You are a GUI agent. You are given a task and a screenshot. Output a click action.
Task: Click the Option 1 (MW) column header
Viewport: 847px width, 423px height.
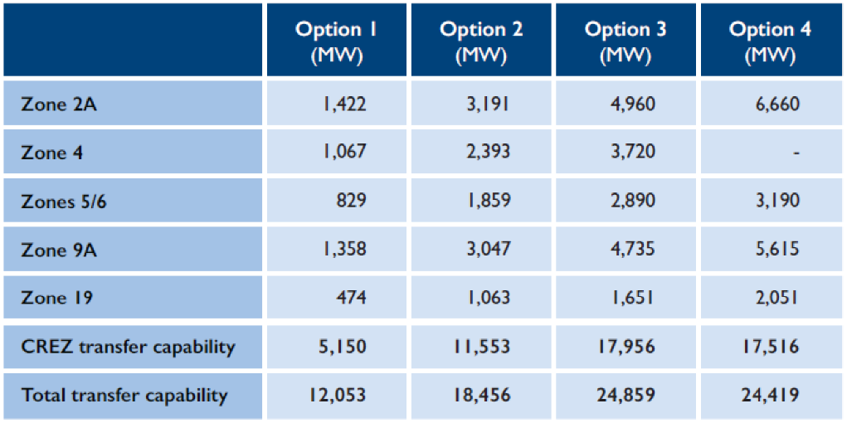coord(336,39)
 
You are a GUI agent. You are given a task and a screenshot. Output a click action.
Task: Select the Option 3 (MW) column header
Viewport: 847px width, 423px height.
coord(625,39)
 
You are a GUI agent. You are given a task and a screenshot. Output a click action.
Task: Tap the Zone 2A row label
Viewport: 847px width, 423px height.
coord(60,104)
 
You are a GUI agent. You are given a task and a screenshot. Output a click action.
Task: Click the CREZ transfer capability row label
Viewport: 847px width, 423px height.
coord(129,347)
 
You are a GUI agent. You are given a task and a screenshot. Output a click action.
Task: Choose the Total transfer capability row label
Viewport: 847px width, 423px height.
coord(124,396)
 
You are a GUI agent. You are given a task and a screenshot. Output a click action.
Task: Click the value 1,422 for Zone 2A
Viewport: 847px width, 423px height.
coord(344,104)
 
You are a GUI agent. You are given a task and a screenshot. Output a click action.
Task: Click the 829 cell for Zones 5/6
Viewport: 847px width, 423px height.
coord(353,201)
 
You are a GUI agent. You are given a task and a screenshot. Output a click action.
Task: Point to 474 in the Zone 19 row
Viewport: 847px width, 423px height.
coord(353,299)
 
